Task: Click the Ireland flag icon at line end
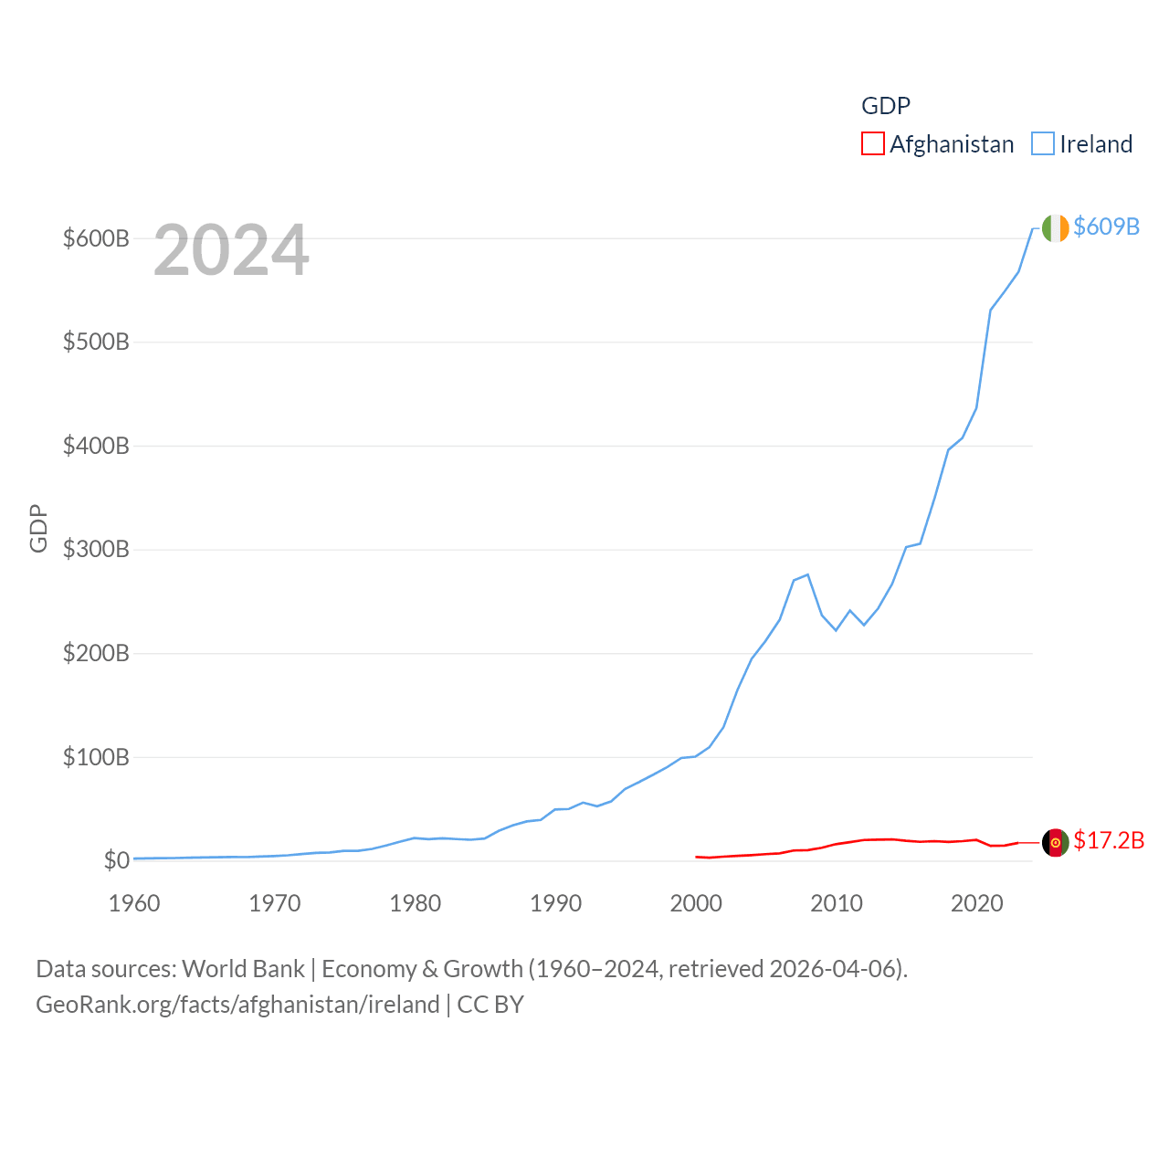click(1055, 228)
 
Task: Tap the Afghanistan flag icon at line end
click(1055, 842)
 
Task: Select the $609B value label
click(1106, 226)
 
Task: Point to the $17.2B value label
click(1109, 840)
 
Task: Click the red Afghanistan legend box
click(873, 144)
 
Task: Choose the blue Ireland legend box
click(1043, 144)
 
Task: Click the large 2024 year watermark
click(231, 250)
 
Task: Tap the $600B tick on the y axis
click(96, 238)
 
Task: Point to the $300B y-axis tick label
click(96, 549)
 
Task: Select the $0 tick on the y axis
click(116, 860)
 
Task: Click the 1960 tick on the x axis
click(134, 903)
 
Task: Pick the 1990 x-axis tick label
click(555, 903)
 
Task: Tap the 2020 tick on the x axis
click(976, 903)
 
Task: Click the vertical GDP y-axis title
click(38, 528)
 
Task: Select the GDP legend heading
click(886, 106)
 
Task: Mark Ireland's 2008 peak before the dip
click(807, 574)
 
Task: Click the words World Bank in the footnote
click(243, 968)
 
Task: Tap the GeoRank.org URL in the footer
click(237, 1005)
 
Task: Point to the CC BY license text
click(490, 1005)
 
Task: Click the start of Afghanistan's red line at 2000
click(696, 857)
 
